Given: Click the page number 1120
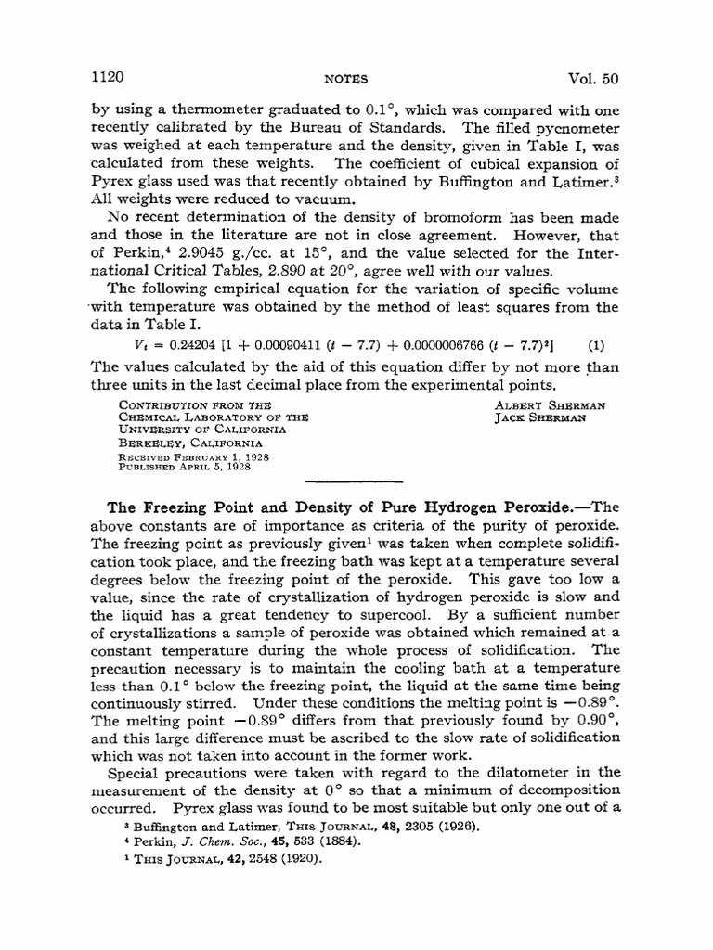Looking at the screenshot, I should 110,77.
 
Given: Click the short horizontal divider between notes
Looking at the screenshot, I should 356,482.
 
